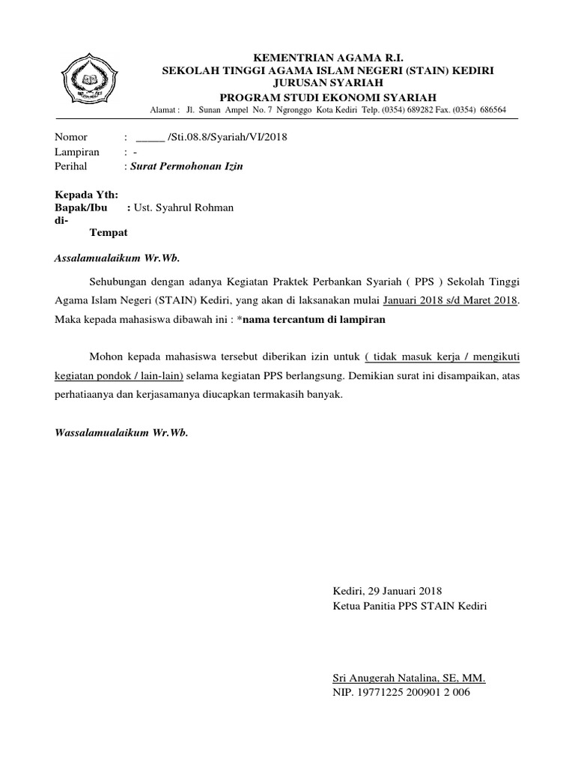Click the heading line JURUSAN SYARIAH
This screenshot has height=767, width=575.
pyautogui.click(x=328, y=82)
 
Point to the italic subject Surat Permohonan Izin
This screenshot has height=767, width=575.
pyautogui.click(x=186, y=167)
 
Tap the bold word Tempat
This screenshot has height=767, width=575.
pyautogui.click(x=109, y=233)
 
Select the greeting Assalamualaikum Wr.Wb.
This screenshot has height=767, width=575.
pyautogui.click(x=118, y=258)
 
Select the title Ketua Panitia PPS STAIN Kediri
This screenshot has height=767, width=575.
pyautogui.click(x=410, y=605)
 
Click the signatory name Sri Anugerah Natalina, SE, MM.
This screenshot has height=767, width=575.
pyautogui.click(x=409, y=679)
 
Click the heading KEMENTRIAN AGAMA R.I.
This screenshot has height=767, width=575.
pyautogui.click(x=328, y=56)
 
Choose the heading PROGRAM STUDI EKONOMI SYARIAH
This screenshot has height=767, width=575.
pyautogui.click(x=328, y=97)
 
